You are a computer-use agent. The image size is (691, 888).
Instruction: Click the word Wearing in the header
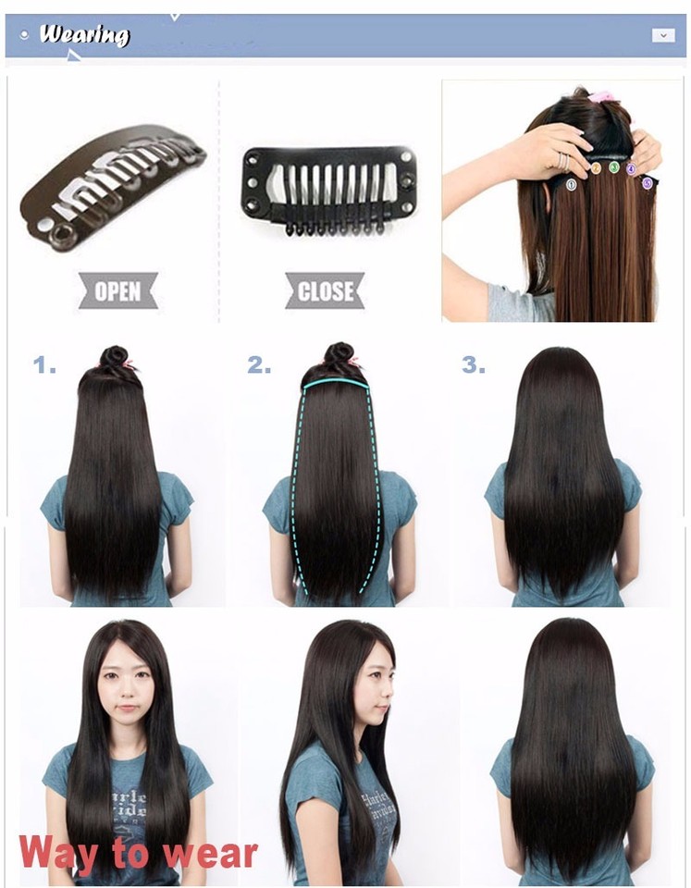(x=84, y=36)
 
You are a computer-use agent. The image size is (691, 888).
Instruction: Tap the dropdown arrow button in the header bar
(x=662, y=35)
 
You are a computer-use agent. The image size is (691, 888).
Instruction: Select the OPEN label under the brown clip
(x=117, y=291)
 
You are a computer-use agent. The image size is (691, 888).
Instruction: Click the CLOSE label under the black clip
(x=326, y=291)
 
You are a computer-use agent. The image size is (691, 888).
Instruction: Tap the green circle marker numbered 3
(x=614, y=167)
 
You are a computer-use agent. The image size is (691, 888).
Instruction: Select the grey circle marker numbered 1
(x=573, y=184)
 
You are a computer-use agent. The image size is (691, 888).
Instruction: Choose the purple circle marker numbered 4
(x=632, y=169)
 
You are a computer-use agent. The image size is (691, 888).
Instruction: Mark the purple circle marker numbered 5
(x=648, y=183)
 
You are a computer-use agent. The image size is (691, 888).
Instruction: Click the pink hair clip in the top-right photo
(x=601, y=96)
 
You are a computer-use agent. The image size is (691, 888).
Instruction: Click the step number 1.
(x=44, y=366)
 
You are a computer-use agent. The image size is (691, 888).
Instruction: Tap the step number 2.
(x=259, y=366)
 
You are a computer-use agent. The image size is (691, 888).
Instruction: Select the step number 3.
(x=473, y=366)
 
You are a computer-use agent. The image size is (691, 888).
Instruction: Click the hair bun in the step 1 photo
(x=116, y=359)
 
